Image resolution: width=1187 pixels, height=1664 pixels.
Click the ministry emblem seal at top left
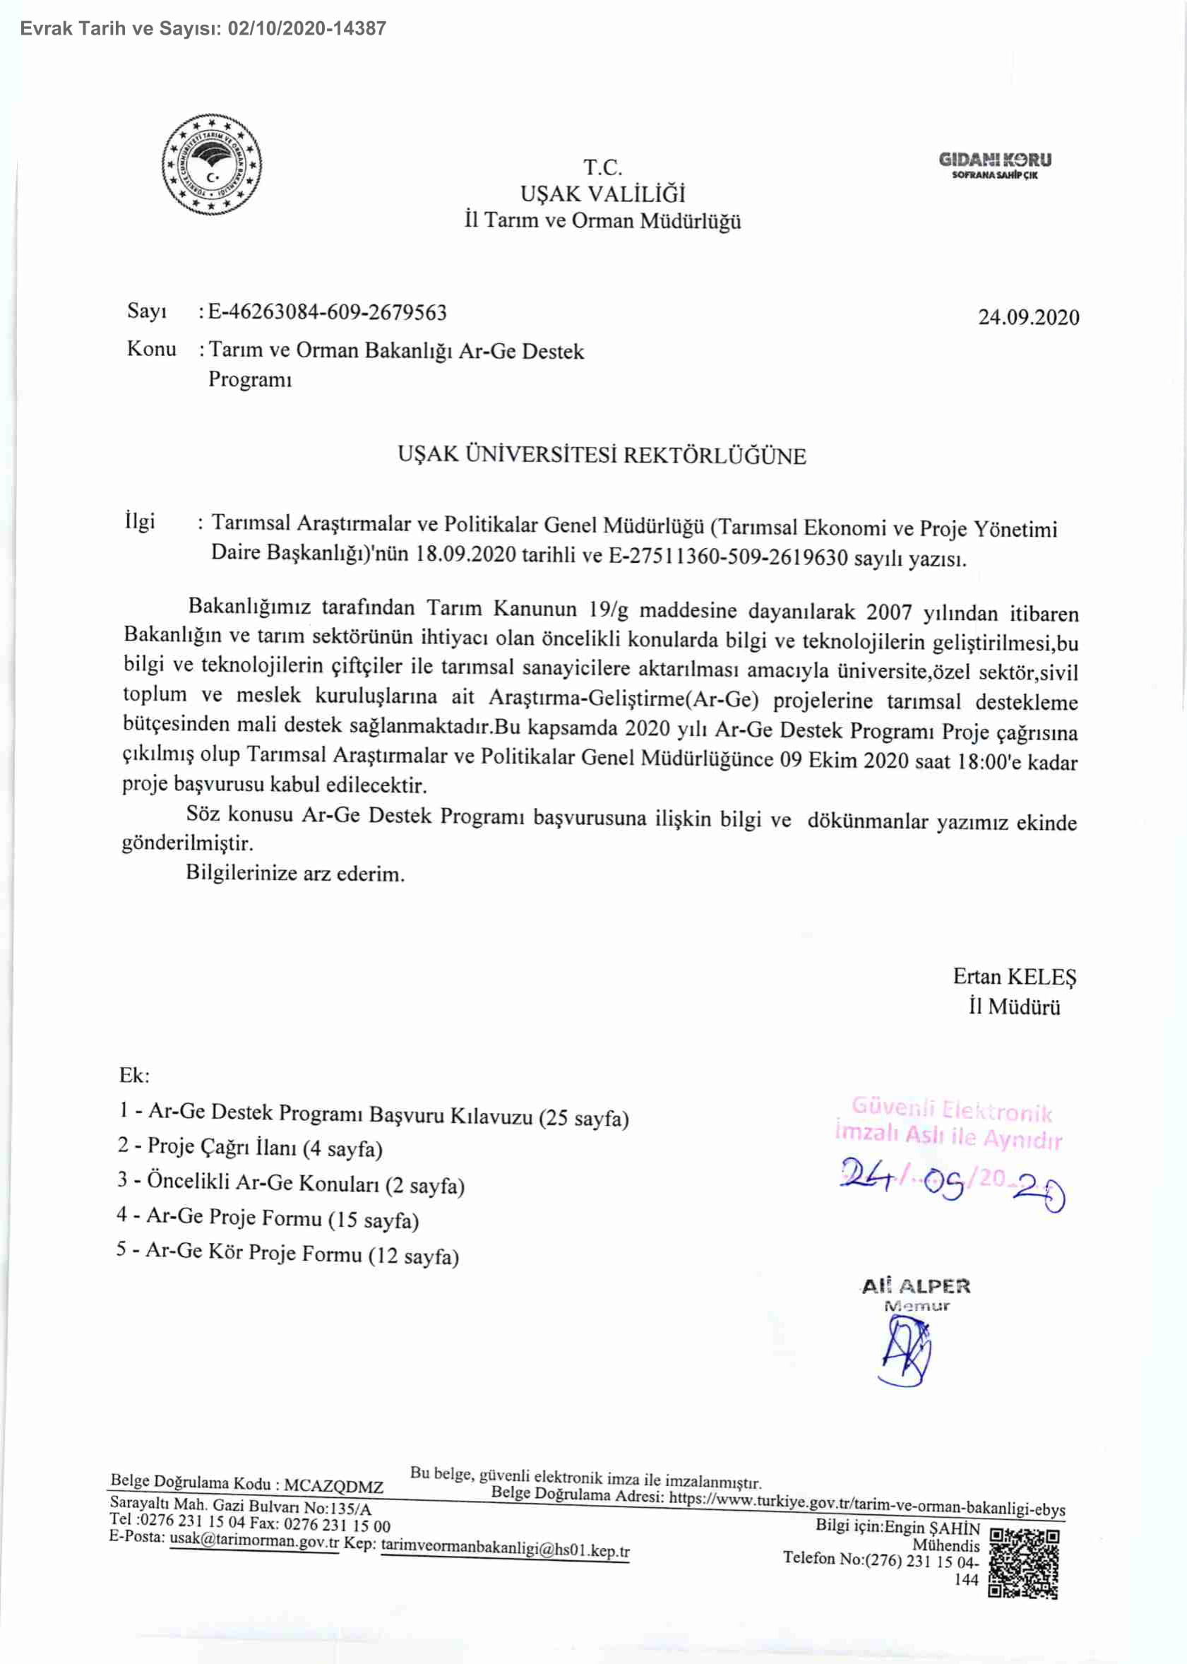[x=211, y=165]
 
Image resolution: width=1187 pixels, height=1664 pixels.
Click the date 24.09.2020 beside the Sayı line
[x=1028, y=317]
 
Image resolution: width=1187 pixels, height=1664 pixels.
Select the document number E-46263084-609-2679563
[x=328, y=313]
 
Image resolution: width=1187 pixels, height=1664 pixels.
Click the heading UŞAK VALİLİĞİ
[x=602, y=194]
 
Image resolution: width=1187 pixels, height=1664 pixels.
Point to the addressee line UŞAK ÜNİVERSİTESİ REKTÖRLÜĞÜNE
[x=602, y=455]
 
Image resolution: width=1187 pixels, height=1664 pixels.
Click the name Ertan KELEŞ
[x=1015, y=977]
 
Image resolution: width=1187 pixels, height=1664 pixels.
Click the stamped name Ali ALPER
[x=916, y=1286]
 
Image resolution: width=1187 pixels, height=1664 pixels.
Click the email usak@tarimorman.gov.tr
[x=254, y=1542]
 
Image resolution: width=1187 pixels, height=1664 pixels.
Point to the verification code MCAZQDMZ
[x=333, y=1486]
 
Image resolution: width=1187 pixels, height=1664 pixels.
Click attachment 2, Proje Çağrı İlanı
[x=251, y=1148]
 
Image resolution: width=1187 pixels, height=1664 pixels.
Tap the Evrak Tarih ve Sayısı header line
[x=203, y=28]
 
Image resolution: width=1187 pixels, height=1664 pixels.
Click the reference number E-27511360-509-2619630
[x=728, y=558]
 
